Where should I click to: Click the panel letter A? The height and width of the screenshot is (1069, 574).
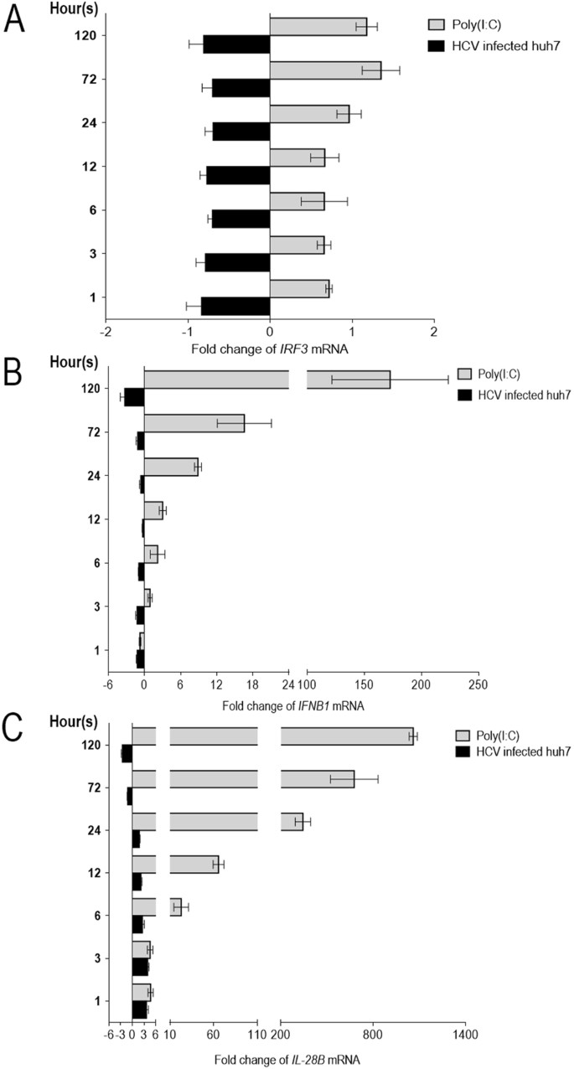click(14, 18)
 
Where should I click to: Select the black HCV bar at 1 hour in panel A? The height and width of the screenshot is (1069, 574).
click(235, 306)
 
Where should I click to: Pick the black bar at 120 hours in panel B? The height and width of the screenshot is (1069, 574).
click(134, 397)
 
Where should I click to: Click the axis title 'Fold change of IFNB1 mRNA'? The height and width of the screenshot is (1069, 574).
click(292, 705)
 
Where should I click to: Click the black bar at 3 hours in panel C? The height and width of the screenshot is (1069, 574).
click(140, 966)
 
